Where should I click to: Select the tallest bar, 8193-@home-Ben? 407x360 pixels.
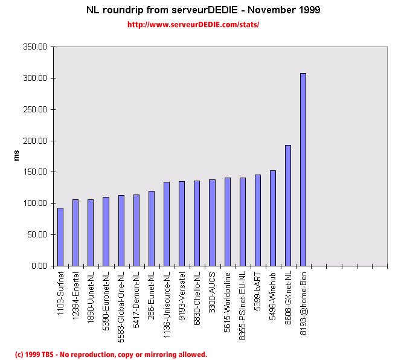[x=303, y=169]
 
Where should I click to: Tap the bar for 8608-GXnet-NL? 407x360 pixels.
[x=288, y=205]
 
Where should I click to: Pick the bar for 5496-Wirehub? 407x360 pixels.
[x=273, y=218]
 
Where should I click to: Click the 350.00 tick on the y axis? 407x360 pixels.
[x=34, y=47]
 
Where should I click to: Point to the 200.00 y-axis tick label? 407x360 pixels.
[x=34, y=141]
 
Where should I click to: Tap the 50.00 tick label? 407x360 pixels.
[x=36, y=234]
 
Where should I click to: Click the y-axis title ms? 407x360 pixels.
[x=18, y=156]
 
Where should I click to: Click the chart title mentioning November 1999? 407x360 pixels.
[x=203, y=10]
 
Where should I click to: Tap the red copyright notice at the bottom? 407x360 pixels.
[x=111, y=355]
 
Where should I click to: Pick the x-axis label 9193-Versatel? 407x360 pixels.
[x=182, y=296]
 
